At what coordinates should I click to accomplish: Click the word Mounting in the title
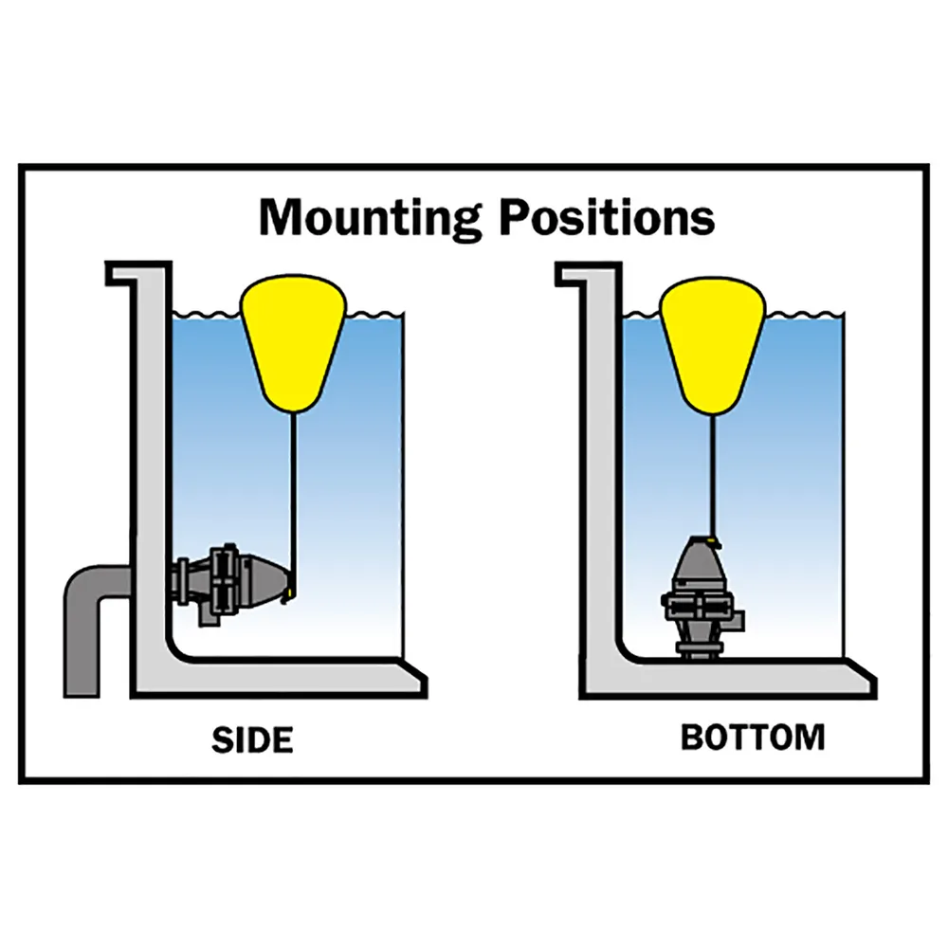click(x=370, y=217)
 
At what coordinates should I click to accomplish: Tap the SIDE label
click(x=251, y=739)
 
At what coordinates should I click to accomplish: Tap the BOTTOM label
click(x=753, y=738)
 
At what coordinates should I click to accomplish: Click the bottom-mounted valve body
click(x=702, y=597)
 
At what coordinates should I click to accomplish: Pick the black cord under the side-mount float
click(x=296, y=493)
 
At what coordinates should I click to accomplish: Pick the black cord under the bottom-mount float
click(x=712, y=474)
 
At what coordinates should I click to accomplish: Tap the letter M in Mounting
click(x=282, y=217)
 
